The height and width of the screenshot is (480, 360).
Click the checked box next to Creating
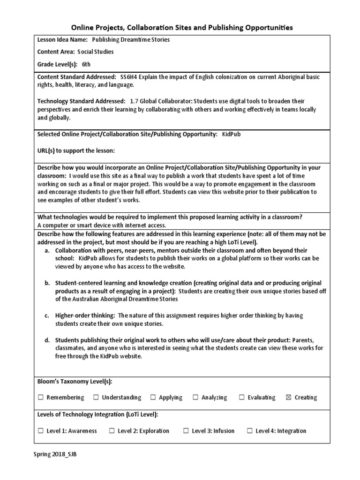288,397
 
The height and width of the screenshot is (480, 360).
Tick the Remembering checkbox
41,397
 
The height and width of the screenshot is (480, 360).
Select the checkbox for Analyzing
195,397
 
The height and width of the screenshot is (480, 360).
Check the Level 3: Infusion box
186,431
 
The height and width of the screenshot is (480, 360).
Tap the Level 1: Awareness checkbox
41,431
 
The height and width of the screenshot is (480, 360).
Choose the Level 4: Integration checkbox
249,431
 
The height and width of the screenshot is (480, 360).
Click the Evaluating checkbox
242,397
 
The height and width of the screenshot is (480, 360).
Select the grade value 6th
87,64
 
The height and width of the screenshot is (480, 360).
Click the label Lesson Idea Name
62,40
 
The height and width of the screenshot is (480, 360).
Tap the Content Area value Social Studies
96,52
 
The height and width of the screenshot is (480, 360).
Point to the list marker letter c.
47,315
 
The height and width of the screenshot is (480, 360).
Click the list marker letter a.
47,250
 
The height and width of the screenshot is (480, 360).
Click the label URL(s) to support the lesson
76,150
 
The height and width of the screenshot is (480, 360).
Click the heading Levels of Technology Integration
97,414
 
